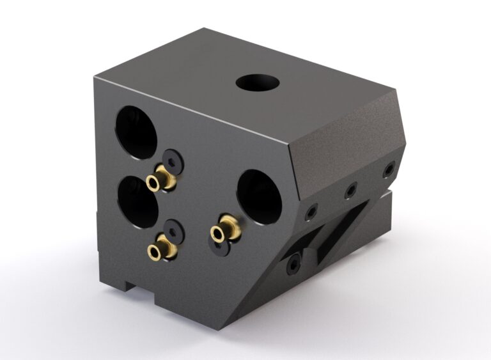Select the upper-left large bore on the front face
[x=136, y=132]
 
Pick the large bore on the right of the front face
[x=260, y=196]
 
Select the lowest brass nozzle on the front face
[x=158, y=250]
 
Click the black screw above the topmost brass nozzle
[x=173, y=159]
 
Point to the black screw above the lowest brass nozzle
[x=173, y=230]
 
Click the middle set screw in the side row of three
[x=350, y=191]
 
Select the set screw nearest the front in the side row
[x=311, y=211]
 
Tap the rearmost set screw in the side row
[x=388, y=170]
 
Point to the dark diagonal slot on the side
[x=339, y=230]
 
